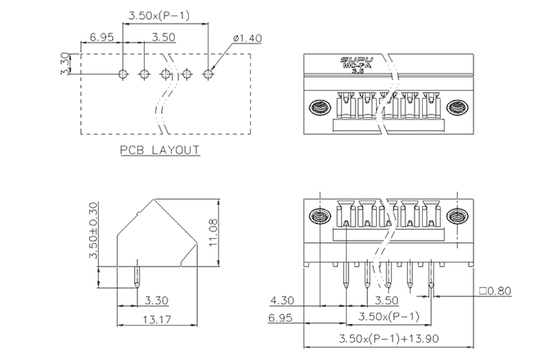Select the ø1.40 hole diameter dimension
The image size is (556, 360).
[247, 38]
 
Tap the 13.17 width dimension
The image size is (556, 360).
[157, 319]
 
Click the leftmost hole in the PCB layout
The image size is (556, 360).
[123, 74]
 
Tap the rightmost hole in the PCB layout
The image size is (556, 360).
[208, 74]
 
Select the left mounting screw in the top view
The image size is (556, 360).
[319, 107]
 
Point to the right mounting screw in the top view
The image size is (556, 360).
[458, 107]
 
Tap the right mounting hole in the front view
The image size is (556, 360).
[456, 218]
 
